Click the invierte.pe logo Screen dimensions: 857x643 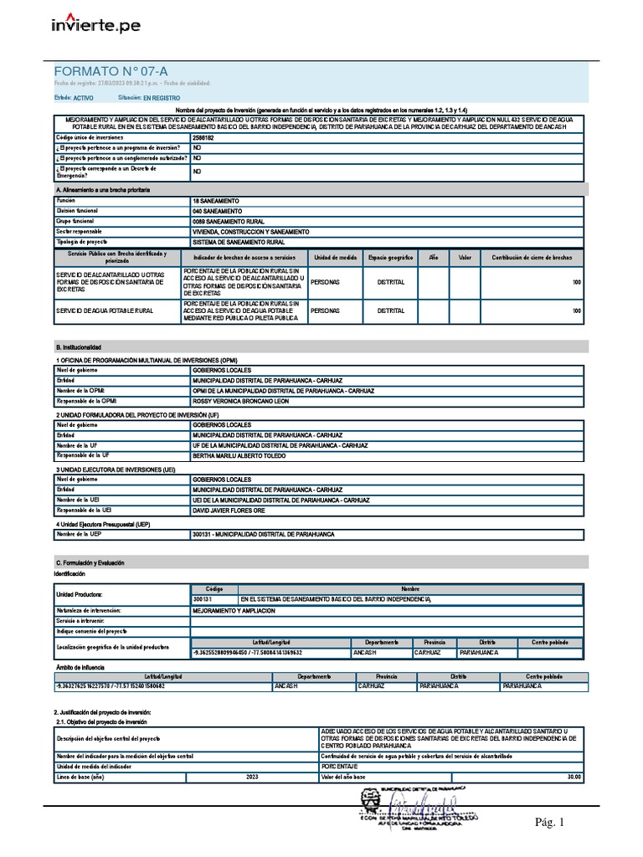95,24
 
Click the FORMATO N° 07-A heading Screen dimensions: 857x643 104,71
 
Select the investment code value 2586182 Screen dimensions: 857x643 203,137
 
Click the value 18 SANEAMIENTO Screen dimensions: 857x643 216,202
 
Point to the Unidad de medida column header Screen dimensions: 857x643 336,258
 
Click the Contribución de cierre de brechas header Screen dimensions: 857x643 532,258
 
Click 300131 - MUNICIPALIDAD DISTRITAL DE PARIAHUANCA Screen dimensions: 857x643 263,534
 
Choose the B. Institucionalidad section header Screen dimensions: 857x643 79,346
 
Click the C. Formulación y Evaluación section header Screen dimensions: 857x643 94,563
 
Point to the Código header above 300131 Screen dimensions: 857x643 214,589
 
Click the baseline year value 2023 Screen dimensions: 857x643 253,777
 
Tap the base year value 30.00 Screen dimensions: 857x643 573,777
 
